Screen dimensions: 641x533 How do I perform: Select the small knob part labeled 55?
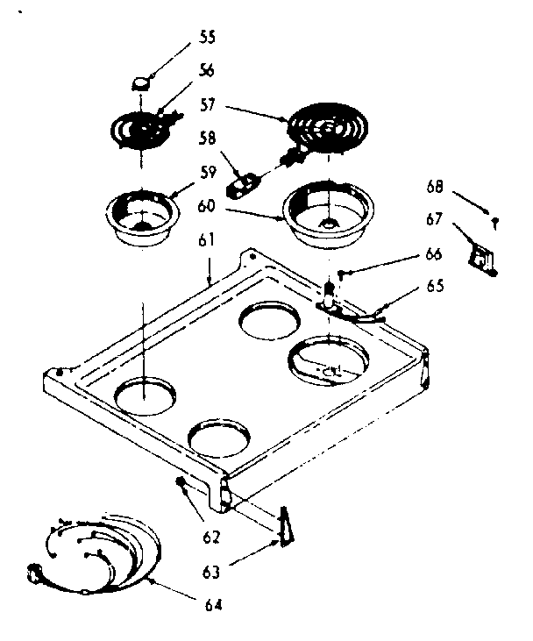(140, 82)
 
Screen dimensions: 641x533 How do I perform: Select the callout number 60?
(206, 207)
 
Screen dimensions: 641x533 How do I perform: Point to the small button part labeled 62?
(182, 482)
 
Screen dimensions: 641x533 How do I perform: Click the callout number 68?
(435, 187)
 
